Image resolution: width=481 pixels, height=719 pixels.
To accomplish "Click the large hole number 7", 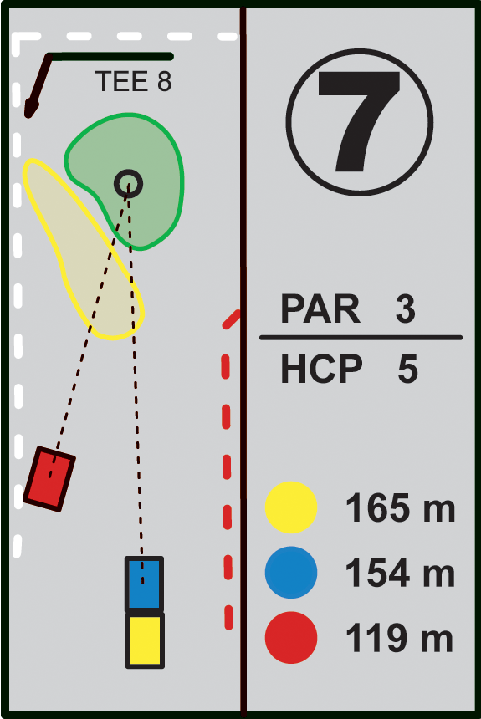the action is click(359, 121).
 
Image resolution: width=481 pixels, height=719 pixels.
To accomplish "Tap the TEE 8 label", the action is click(134, 81).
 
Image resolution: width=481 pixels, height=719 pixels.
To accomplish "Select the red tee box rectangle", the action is click(49, 479).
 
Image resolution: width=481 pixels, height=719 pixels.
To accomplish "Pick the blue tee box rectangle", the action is click(144, 584).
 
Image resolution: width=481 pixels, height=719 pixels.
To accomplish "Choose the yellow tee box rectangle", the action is click(145, 640).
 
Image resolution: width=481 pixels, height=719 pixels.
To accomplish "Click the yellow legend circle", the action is click(291, 507).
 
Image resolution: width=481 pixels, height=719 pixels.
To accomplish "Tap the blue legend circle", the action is click(291, 572).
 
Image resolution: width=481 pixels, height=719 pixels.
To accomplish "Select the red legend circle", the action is click(291, 637).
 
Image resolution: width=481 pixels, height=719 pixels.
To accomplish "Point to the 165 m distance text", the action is click(400, 507).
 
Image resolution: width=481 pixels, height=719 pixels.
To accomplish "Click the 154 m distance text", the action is click(400, 573).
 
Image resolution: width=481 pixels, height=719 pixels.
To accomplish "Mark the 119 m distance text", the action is click(399, 638).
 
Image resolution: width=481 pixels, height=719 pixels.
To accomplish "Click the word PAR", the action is click(320, 309).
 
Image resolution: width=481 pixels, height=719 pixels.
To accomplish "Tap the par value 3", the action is click(405, 309).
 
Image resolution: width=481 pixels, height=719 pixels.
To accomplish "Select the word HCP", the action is click(322, 369).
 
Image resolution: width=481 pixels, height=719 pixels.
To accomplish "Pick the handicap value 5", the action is click(407, 369).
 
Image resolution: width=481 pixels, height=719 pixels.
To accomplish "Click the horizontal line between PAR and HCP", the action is click(361, 338).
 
